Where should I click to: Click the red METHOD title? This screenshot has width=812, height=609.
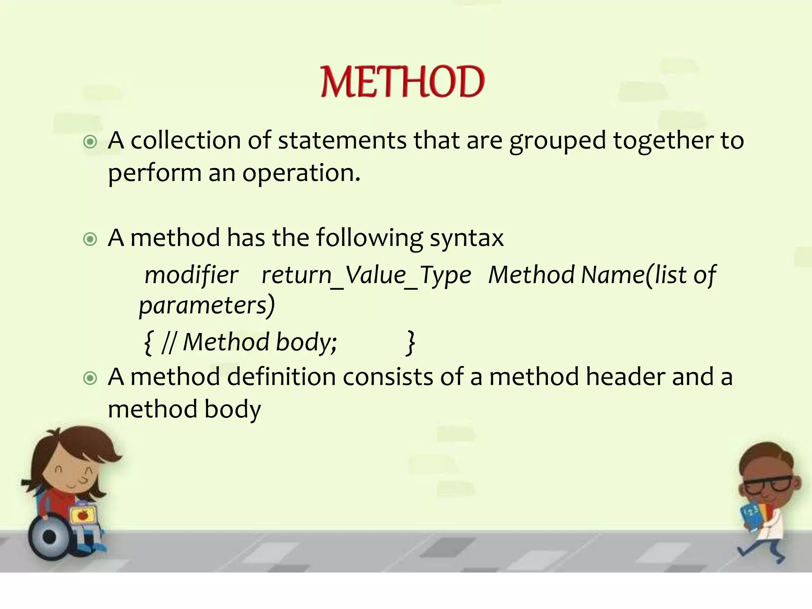click(x=402, y=82)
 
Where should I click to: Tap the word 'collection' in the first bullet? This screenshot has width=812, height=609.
click(x=186, y=140)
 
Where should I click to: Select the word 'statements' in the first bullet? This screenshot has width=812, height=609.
click(x=342, y=140)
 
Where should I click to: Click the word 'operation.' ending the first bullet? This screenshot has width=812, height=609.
click(x=301, y=173)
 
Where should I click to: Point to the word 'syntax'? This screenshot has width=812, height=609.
click(x=467, y=238)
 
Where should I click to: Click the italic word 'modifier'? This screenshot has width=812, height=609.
click(x=192, y=275)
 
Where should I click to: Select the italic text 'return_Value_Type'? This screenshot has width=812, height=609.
click(x=366, y=275)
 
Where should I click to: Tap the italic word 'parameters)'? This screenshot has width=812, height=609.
click(x=207, y=306)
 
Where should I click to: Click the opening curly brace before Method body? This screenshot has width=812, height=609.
click(x=148, y=343)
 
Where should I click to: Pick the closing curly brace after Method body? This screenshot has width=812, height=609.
click(x=411, y=343)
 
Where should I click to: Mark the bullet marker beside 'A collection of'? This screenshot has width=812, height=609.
click(x=90, y=142)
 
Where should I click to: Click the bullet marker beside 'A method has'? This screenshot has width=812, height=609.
click(x=90, y=239)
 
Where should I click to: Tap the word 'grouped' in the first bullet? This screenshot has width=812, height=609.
click(x=557, y=141)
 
